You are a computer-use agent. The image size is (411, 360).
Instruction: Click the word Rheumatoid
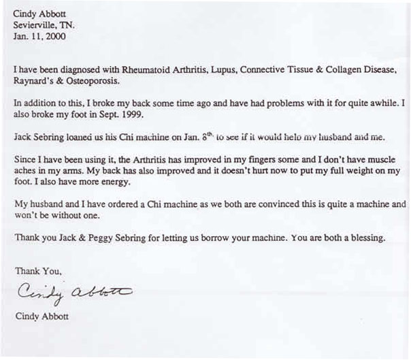click(x=139, y=70)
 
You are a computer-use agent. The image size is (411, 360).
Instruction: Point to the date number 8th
click(x=201, y=137)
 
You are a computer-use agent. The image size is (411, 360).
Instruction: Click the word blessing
click(x=366, y=238)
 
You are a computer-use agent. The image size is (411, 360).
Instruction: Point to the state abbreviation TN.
click(x=69, y=25)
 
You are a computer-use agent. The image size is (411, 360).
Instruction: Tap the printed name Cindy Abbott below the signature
click(x=41, y=316)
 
